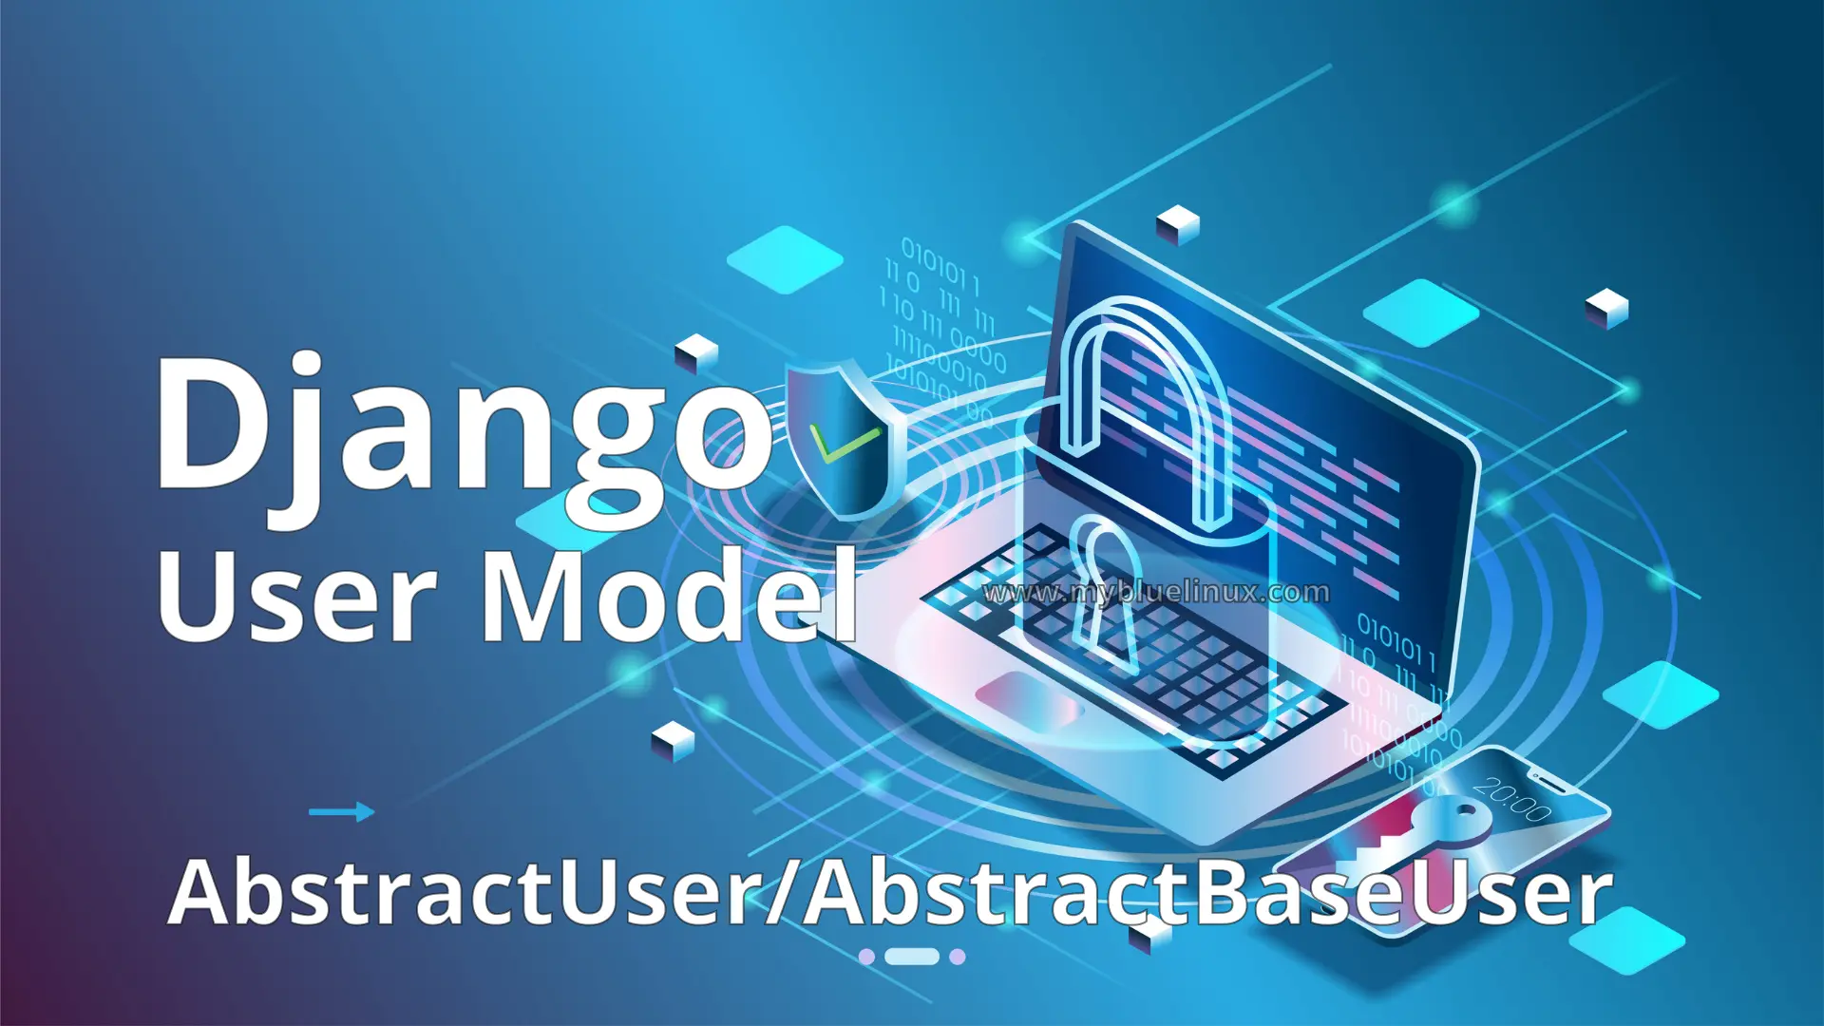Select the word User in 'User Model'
click(x=294, y=597)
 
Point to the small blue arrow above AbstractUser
click(x=341, y=811)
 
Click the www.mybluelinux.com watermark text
click(x=1156, y=593)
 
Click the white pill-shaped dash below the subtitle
click(x=912, y=956)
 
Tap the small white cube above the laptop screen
click(x=1178, y=224)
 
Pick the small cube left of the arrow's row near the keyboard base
click(x=674, y=740)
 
